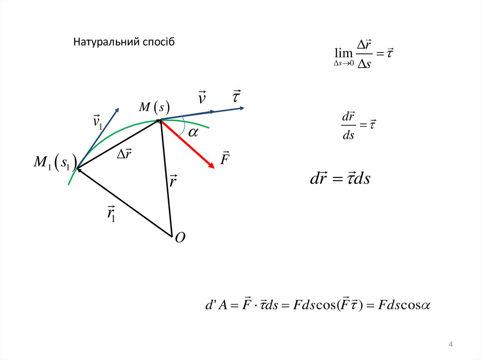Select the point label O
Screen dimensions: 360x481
[180, 238]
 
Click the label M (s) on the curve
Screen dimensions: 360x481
[154, 107]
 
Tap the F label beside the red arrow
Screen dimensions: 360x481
[225, 158]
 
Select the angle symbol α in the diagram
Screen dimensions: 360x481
[194, 133]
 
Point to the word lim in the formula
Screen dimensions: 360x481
[342, 53]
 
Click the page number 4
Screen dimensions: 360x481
[450, 345]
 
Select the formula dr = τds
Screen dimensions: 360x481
[340, 179]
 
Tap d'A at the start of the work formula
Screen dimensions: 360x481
[216, 305]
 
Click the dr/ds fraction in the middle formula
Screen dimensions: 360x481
[348, 125]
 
